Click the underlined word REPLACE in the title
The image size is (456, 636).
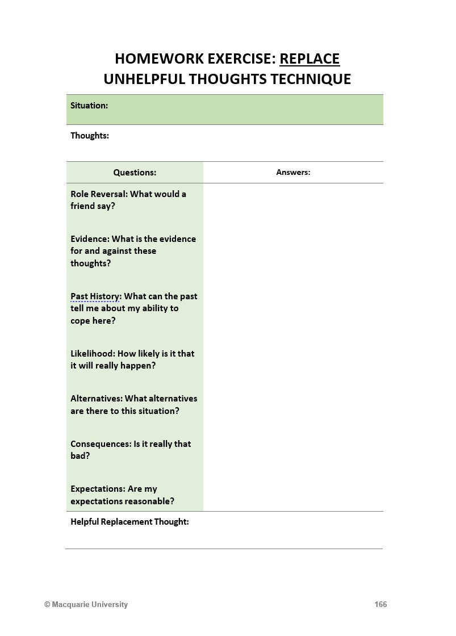[309, 58]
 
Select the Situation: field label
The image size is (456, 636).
[89, 106]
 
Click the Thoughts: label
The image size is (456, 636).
[90, 136]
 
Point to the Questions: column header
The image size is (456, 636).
[135, 173]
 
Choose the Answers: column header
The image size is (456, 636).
[293, 172]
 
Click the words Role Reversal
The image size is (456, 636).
[97, 194]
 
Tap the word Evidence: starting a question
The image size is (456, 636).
[90, 239]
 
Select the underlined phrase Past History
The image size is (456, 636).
[95, 296]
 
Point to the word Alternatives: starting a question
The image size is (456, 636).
[97, 399]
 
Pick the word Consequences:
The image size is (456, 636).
[101, 444]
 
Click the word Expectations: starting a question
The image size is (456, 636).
[98, 489]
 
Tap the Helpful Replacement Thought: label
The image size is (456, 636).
[129, 522]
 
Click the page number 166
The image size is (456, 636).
[380, 605]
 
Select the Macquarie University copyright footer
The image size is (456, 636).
[86, 605]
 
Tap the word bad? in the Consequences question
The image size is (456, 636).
[80, 456]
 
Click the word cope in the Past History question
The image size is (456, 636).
[81, 321]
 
